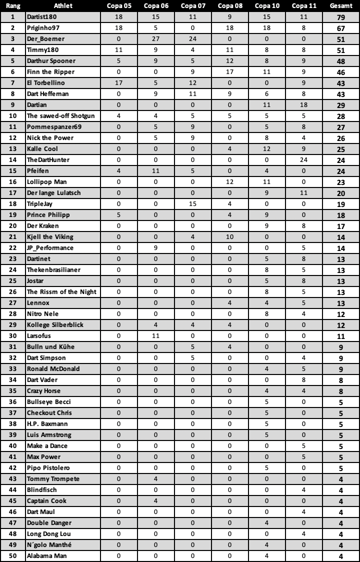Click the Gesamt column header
pyautogui.click(x=341, y=6)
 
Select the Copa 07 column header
pyautogui.click(x=192, y=6)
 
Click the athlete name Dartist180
pyautogui.click(x=42, y=17)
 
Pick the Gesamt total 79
pyautogui.click(x=341, y=17)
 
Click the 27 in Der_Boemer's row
pyautogui.click(x=156, y=39)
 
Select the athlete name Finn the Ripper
pyautogui.click(x=50, y=72)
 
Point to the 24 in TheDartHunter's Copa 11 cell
pyautogui.click(x=303, y=160)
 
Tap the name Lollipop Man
pyautogui.click(x=46, y=182)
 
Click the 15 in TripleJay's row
pyautogui.click(x=192, y=204)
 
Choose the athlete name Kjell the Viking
pyautogui.click(x=50, y=237)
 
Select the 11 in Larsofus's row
pyautogui.click(x=156, y=336)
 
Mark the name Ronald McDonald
pyautogui.click(x=53, y=369)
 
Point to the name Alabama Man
pyautogui.click(x=46, y=556)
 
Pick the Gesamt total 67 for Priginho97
pyautogui.click(x=341, y=28)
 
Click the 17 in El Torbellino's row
pyautogui.click(x=119, y=83)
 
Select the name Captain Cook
pyautogui.click(x=46, y=501)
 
